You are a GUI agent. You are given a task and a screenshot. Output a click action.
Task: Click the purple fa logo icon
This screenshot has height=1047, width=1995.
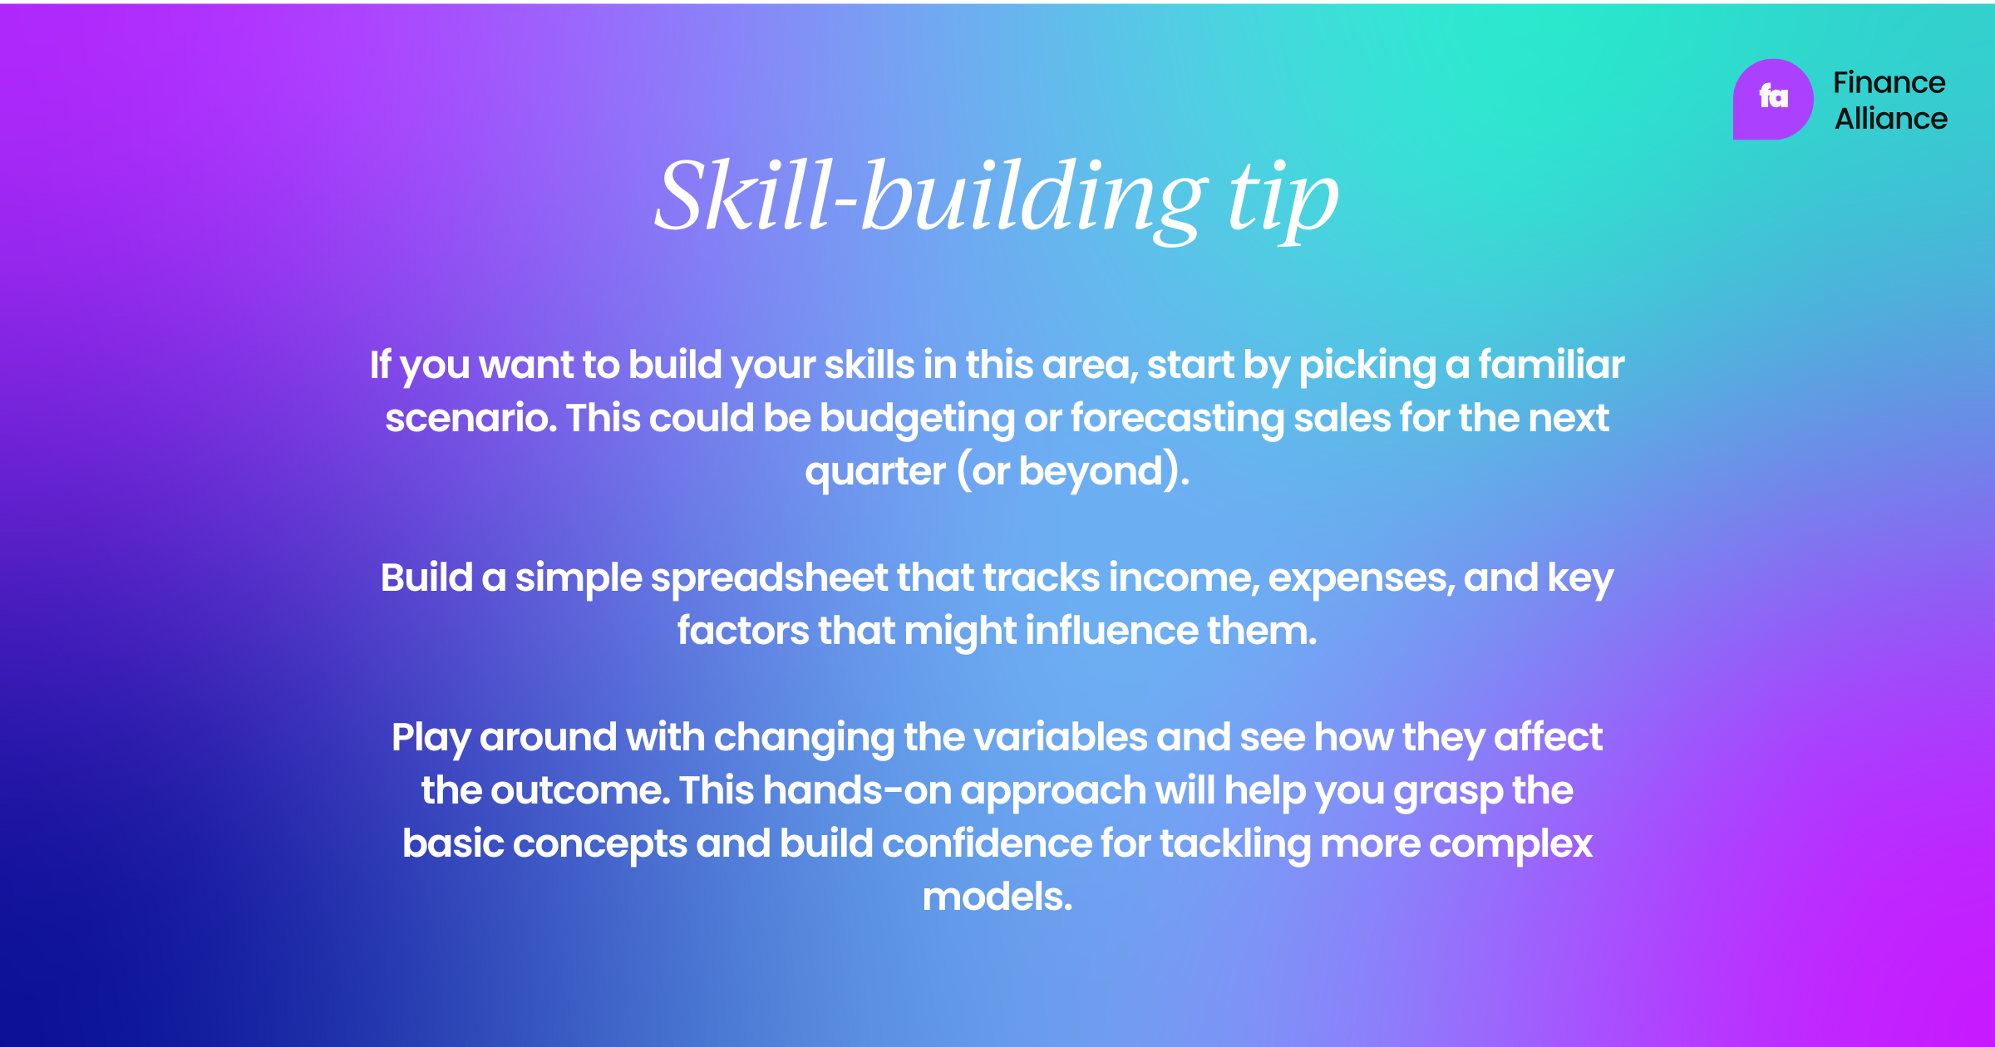pos(1772,99)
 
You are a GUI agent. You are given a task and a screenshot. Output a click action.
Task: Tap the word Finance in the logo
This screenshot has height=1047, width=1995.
pos(1889,82)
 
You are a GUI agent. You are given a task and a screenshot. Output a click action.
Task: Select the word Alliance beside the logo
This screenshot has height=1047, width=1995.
pos(1891,119)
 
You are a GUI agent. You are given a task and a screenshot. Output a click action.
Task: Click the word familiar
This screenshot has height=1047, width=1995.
pos(1551,365)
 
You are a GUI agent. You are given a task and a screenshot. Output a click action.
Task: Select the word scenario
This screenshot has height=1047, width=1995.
pos(470,418)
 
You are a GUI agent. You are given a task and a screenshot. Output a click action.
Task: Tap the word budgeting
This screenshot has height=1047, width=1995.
pos(917,418)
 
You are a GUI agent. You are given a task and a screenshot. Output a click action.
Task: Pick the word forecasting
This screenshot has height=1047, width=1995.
pos(1177,418)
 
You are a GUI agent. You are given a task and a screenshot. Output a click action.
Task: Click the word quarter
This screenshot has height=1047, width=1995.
pos(874,471)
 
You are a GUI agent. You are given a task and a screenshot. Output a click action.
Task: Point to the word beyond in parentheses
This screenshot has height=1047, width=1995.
pos(1091,471)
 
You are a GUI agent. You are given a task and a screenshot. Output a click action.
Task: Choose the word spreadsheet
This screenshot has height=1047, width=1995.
pos(769,578)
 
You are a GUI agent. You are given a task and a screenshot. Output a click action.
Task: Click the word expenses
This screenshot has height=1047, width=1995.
pos(1362,578)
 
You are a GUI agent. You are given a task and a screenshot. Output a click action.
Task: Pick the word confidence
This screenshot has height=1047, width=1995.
pos(987,843)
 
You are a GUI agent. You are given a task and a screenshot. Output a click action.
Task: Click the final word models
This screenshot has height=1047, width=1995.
pos(997,897)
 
